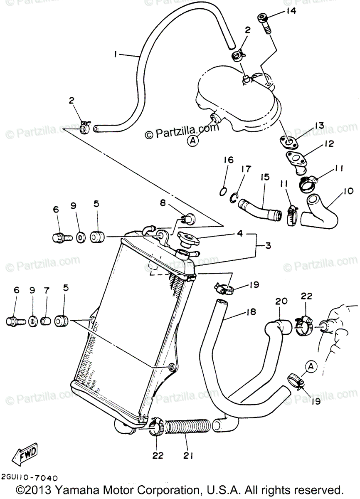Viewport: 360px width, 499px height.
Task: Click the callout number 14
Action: [291, 11]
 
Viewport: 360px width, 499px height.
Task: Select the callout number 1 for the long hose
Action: [116, 54]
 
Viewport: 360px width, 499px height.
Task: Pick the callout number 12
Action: [329, 144]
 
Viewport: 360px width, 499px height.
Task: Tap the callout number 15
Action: [263, 177]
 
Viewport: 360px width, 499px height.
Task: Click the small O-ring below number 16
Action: [222, 191]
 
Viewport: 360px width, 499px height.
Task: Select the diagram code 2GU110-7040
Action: [29, 478]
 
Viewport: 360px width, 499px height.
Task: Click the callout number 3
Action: [268, 246]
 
